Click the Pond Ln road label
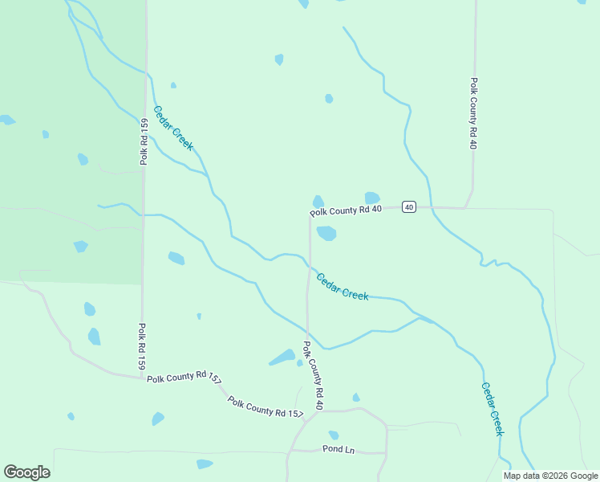[x=338, y=449]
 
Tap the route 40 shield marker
[x=408, y=207]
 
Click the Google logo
[x=26, y=472]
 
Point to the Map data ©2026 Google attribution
[x=551, y=476]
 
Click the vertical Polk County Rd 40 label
[x=474, y=113]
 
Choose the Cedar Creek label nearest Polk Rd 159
[x=173, y=129]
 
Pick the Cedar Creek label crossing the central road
[x=343, y=287]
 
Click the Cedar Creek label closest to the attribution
[x=493, y=408]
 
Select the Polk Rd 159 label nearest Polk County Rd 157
[x=142, y=347]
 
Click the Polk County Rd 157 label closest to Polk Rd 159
[x=184, y=378]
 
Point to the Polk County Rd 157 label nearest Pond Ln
[x=265, y=407]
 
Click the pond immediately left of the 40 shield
[x=371, y=198]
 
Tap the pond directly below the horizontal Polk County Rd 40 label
[x=326, y=233]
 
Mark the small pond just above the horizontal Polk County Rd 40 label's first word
[x=318, y=201]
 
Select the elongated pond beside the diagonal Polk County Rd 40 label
[x=282, y=357]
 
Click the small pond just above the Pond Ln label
[x=334, y=435]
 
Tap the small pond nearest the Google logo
[x=71, y=416]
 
